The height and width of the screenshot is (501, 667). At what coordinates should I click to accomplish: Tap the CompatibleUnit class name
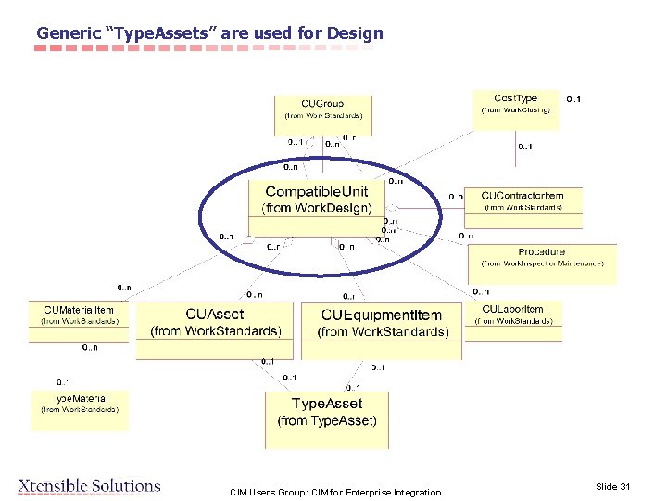click(317, 192)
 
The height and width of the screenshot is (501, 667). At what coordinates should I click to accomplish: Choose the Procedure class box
click(542, 257)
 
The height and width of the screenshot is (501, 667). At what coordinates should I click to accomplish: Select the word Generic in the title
click(69, 33)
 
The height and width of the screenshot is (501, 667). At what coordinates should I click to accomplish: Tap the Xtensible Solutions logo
click(89, 485)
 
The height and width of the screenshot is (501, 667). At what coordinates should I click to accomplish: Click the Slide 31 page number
click(612, 487)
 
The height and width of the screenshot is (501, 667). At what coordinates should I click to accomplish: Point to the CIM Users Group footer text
click(335, 492)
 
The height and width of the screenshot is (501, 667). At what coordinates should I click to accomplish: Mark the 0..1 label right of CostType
click(574, 99)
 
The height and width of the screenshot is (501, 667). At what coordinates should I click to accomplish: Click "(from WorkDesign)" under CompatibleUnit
click(317, 208)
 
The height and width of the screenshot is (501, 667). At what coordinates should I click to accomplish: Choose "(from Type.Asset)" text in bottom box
click(327, 421)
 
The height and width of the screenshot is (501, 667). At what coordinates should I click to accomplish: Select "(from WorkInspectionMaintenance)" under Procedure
click(542, 263)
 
